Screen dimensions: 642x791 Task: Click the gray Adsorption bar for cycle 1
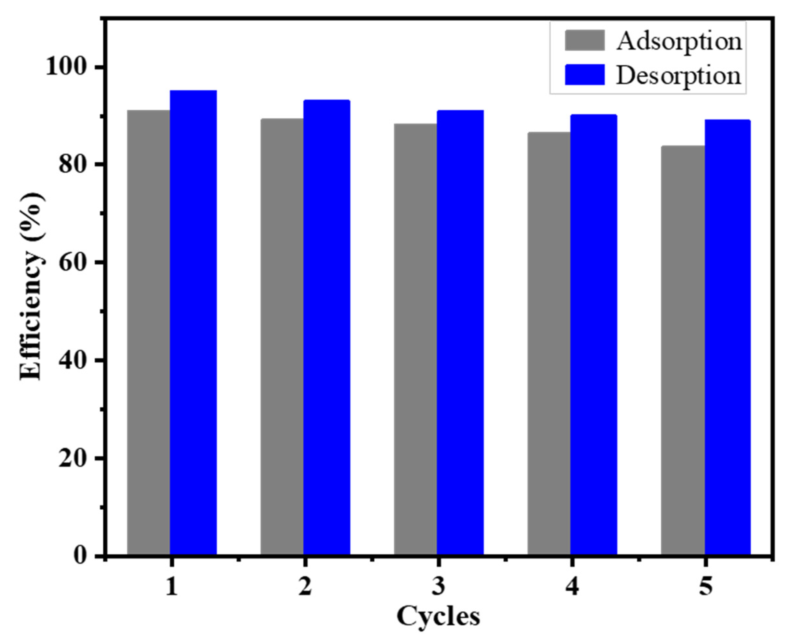click(x=148, y=333)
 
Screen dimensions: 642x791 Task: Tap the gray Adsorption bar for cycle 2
click(x=282, y=336)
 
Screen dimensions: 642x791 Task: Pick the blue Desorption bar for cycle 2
click(x=326, y=327)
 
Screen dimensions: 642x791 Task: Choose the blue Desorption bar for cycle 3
click(x=460, y=333)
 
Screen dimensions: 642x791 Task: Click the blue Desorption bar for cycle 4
click(x=594, y=335)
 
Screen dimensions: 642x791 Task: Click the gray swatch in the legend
click(x=585, y=40)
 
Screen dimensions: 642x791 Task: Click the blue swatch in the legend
click(x=585, y=75)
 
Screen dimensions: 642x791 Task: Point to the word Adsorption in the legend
click(x=679, y=41)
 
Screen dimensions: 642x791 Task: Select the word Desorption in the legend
click(x=679, y=75)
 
